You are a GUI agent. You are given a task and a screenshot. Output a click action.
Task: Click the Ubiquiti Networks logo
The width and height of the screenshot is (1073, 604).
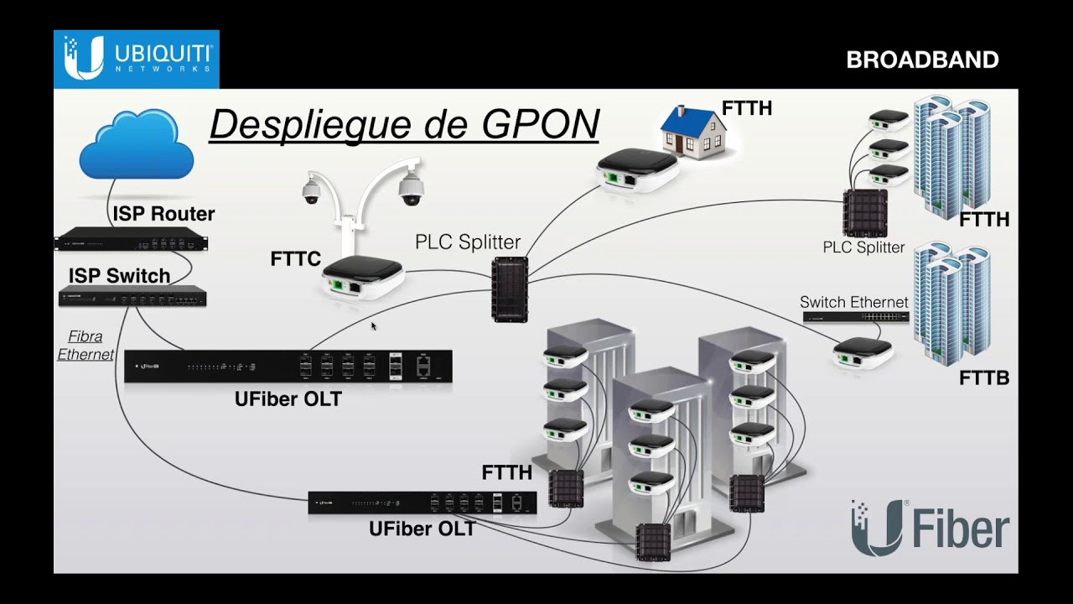(137, 59)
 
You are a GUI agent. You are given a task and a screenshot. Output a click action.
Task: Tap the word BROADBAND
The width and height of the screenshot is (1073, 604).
(922, 60)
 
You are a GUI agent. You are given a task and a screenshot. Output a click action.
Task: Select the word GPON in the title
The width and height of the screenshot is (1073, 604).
(540, 124)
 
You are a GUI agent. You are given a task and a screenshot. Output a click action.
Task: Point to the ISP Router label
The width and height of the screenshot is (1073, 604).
(163, 214)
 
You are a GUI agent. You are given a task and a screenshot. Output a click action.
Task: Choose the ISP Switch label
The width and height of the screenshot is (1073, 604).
(119, 276)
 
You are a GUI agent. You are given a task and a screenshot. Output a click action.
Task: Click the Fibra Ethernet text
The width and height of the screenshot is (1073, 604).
(86, 346)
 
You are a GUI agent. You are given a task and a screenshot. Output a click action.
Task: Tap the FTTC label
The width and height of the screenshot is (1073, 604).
(295, 259)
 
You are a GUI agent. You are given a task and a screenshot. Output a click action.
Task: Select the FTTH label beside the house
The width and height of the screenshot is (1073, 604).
(746, 108)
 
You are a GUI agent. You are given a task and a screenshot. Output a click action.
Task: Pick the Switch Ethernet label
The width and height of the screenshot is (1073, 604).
(853, 302)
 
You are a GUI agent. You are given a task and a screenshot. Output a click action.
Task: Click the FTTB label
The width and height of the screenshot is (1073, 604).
(983, 378)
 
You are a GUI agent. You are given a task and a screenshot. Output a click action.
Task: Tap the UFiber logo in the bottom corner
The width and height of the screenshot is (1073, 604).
(930, 528)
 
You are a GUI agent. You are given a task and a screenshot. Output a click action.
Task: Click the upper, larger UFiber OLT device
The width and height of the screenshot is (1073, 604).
(288, 367)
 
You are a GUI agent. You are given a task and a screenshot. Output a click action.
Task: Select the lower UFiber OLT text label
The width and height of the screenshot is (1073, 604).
(422, 529)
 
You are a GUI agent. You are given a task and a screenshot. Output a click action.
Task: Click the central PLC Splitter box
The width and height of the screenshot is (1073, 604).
(509, 289)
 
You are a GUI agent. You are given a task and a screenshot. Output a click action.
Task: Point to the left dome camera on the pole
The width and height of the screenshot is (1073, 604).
(311, 191)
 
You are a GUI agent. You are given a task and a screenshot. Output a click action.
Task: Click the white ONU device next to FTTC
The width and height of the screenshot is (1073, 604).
(363, 278)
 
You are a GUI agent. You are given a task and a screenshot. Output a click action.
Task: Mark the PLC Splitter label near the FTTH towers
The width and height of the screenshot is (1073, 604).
(863, 247)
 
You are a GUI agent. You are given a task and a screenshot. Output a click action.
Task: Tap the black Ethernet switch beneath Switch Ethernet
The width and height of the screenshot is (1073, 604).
(855, 317)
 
